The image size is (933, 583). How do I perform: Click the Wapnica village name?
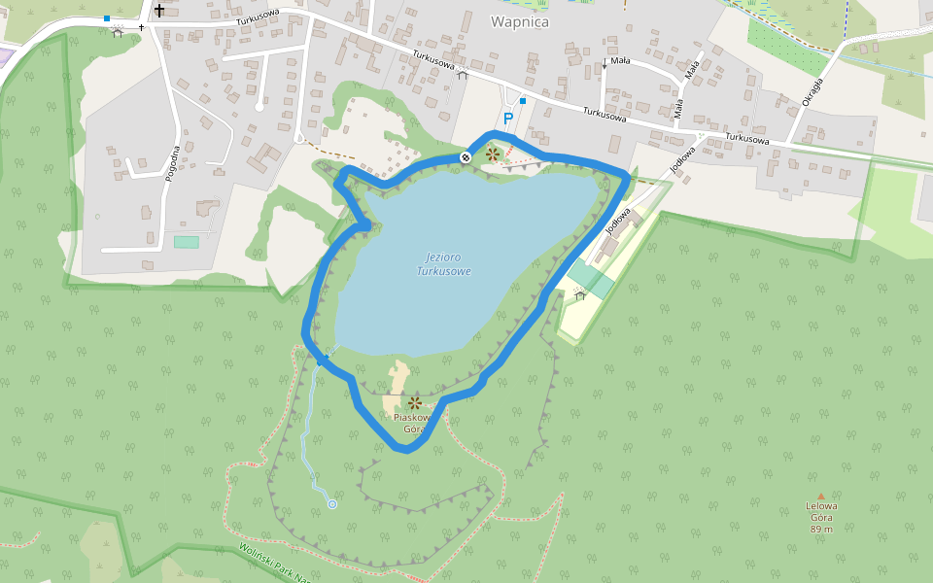point(520,21)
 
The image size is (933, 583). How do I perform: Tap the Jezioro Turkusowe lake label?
point(443,263)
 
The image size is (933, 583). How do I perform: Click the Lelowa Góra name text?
point(821,511)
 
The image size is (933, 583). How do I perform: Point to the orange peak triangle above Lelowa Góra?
point(821,497)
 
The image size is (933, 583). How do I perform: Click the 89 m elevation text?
point(821,529)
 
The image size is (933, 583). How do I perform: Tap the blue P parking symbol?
point(507,119)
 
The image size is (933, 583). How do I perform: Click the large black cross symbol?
point(159,11)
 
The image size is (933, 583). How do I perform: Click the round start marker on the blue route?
point(466,156)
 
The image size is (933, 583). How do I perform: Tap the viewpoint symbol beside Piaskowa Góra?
point(415,402)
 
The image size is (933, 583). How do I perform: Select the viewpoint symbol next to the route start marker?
point(493,154)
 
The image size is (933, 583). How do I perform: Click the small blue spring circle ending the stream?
point(332,504)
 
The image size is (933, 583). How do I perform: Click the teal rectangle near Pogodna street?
point(187,242)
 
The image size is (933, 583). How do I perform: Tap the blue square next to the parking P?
point(523,100)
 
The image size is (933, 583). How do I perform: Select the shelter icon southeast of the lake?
point(581,294)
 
